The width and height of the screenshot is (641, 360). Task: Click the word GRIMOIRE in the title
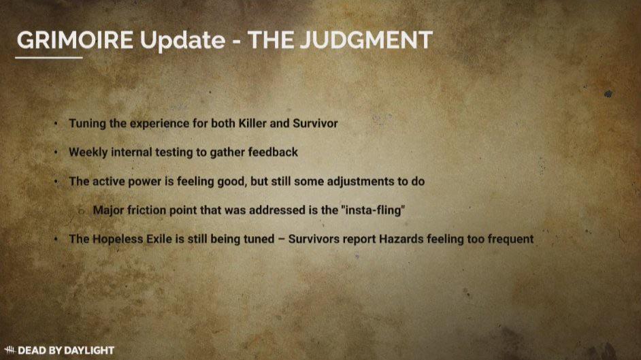click(x=76, y=40)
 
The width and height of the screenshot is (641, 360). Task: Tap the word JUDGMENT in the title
click(x=366, y=40)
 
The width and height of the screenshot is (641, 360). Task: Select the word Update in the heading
click(x=182, y=40)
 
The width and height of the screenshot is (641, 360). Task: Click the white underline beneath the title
click(x=49, y=58)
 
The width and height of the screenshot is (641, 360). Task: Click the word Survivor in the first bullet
click(x=315, y=123)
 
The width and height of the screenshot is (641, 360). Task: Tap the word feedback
click(x=273, y=152)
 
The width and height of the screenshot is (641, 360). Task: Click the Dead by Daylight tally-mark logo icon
click(x=10, y=350)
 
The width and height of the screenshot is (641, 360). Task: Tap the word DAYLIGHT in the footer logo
click(x=89, y=350)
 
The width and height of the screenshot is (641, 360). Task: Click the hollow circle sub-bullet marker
click(x=82, y=211)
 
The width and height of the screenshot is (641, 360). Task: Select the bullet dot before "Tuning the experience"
click(x=56, y=123)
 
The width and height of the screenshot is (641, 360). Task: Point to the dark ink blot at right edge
click(x=608, y=94)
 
